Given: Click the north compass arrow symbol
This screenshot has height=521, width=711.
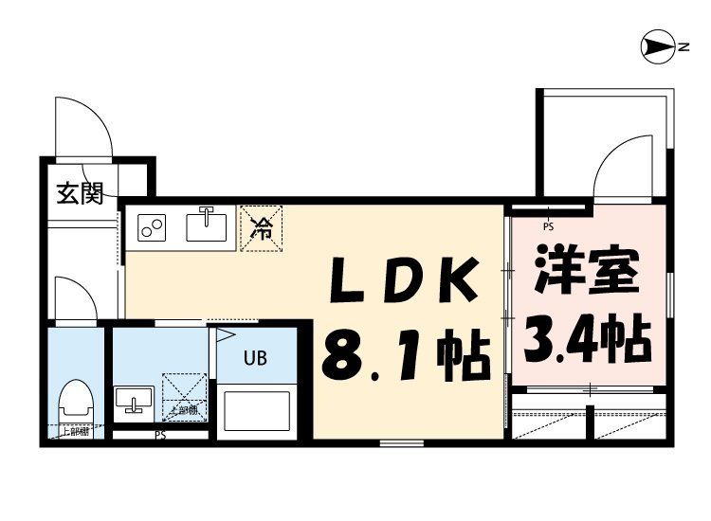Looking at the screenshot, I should coord(656,45).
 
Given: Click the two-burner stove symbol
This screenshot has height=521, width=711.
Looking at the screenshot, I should coord(152,227).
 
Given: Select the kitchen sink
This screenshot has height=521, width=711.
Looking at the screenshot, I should coord(207,226).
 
